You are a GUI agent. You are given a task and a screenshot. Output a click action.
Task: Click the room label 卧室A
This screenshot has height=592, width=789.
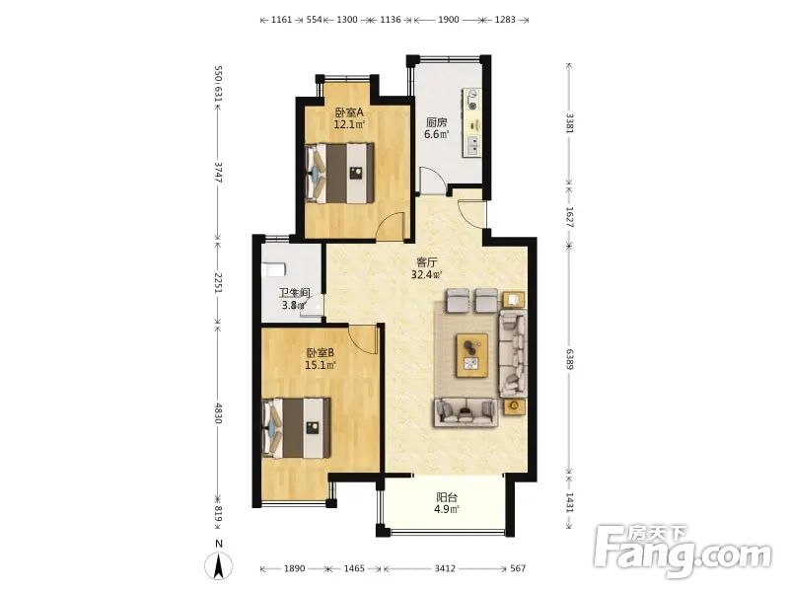tap(349, 111)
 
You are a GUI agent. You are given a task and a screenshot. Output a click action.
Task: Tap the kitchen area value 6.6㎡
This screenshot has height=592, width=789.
tap(436, 134)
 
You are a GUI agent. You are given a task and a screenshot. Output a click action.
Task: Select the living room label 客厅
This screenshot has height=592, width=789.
tap(427, 262)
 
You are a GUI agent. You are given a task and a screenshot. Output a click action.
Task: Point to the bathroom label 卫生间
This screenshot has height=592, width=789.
tap(294, 293)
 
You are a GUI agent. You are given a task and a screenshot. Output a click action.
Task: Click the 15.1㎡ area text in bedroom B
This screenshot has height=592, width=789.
tap(320, 365)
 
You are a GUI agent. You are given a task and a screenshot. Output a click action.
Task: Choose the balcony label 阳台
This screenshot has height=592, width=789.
tap(447, 497)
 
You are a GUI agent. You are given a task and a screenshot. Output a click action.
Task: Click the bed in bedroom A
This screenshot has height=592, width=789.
tap(340, 173)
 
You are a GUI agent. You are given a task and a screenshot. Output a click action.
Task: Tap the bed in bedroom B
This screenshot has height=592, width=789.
tap(297, 428)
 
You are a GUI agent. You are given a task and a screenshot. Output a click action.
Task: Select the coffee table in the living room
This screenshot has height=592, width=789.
tap(471, 355)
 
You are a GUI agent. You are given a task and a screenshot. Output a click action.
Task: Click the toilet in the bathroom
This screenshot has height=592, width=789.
tap(274, 269)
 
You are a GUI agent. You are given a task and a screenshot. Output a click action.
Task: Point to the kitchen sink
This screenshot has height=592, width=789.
tap(473, 146)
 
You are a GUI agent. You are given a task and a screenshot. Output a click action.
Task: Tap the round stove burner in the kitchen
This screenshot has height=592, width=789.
tap(472, 107)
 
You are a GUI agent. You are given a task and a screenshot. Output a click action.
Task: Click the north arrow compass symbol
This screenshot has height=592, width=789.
tap(218, 565)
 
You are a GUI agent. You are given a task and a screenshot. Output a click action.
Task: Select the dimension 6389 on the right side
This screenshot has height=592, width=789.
tap(569, 358)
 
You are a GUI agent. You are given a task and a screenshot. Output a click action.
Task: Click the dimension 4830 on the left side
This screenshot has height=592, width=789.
tap(218, 412)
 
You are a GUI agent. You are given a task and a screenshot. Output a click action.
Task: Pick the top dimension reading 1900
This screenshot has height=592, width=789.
tap(449, 20)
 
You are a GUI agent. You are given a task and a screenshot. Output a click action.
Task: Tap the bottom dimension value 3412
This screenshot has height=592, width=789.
tap(445, 568)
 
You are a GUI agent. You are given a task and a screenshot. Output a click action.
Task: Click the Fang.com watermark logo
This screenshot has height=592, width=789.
tap(681, 552)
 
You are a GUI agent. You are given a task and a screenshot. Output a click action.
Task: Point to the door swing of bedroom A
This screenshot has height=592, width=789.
tap(391, 225)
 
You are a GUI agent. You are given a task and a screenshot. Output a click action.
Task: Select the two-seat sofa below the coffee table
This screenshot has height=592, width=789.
tap(465, 411)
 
